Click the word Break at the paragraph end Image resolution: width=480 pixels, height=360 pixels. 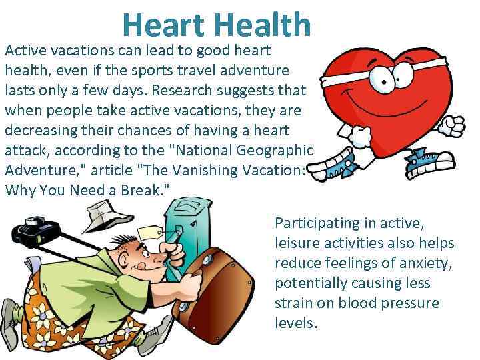tap(140, 190)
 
